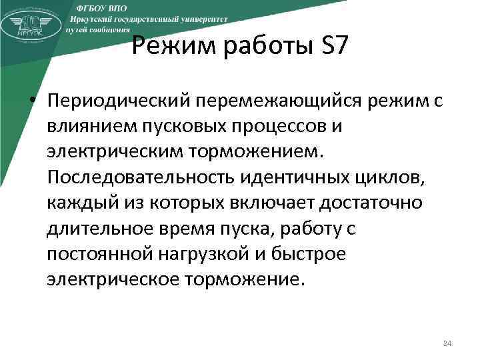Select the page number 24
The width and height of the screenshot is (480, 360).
coord(447,343)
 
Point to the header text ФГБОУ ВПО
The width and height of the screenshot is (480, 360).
coord(101,6)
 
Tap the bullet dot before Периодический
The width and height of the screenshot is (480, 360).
coord(32,99)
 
